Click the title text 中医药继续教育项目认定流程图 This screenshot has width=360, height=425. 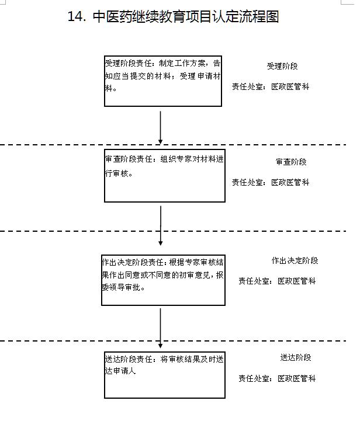point(186,17)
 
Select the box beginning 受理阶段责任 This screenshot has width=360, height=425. point(163,81)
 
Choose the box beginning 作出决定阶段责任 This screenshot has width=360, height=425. point(163,280)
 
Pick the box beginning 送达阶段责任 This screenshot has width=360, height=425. point(163,374)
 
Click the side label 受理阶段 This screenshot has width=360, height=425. point(283,67)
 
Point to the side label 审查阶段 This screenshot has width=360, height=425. point(291,162)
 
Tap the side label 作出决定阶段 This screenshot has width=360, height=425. point(295,261)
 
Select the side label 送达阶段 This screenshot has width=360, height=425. point(295,358)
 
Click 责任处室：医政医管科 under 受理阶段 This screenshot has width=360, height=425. point(271,86)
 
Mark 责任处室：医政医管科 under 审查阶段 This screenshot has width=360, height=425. point(271,182)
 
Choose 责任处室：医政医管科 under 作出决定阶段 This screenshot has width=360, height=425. point(277,281)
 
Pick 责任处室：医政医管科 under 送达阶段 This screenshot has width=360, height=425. point(277,378)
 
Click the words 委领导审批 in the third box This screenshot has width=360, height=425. point(123,288)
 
